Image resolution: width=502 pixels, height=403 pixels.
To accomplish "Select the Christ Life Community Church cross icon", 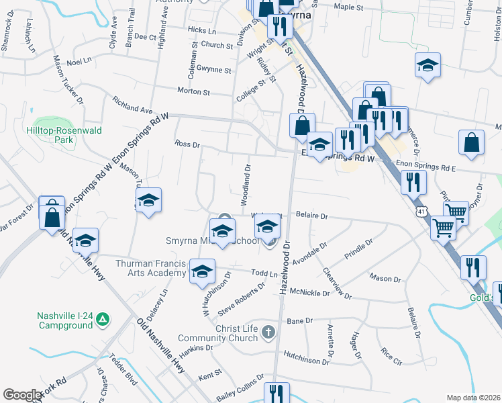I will click(268, 332).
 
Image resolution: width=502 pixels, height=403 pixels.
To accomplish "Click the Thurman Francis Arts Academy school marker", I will click(201, 271).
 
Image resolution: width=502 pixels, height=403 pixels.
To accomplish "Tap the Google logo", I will click(22, 395).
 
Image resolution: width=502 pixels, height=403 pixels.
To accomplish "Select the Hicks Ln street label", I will click(202, 31).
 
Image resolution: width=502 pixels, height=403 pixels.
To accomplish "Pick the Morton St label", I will click(193, 91).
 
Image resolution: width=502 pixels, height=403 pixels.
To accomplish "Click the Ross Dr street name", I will click(187, 144).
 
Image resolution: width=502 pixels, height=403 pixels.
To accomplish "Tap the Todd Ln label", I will click(264, 274).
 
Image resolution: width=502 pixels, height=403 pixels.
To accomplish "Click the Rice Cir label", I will click(391, 351).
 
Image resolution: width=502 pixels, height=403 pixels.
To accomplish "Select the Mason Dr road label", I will click(385, 278).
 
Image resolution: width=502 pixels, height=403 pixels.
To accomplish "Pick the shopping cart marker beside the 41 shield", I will click(444, 228).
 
